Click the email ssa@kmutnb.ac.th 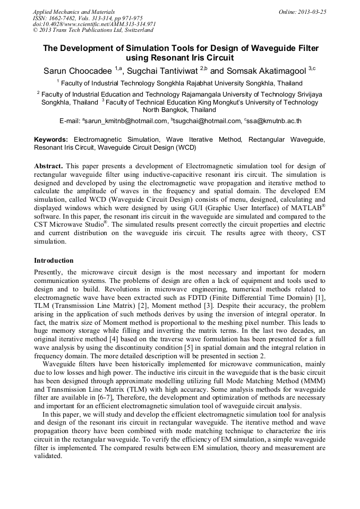[274, 121]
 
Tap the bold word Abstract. [49, 166]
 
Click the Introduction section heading [54, 261]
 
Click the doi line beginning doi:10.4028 [94, 24]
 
